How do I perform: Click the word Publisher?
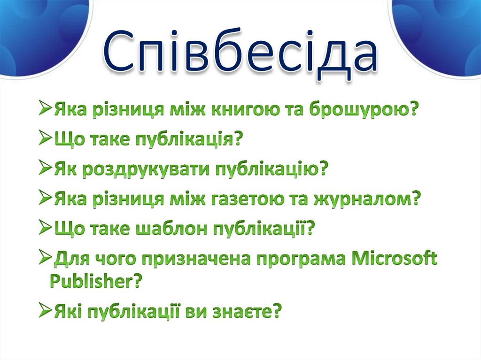(94, 282)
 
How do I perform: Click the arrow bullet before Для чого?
(46, 259)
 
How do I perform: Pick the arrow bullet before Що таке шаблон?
(46, 229)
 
